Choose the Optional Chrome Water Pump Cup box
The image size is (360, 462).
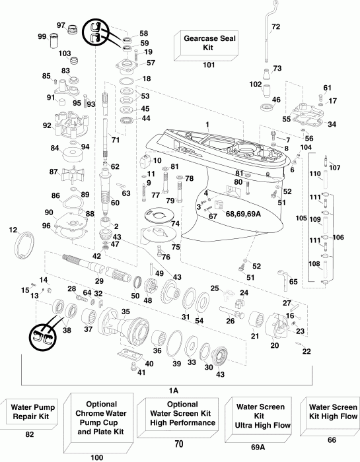98,422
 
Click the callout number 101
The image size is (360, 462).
209,65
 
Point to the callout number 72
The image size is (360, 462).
275,26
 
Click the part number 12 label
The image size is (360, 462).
13,229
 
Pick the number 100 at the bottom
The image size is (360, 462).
98,456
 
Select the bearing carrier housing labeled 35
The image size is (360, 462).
126,323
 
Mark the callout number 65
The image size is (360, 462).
293,281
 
